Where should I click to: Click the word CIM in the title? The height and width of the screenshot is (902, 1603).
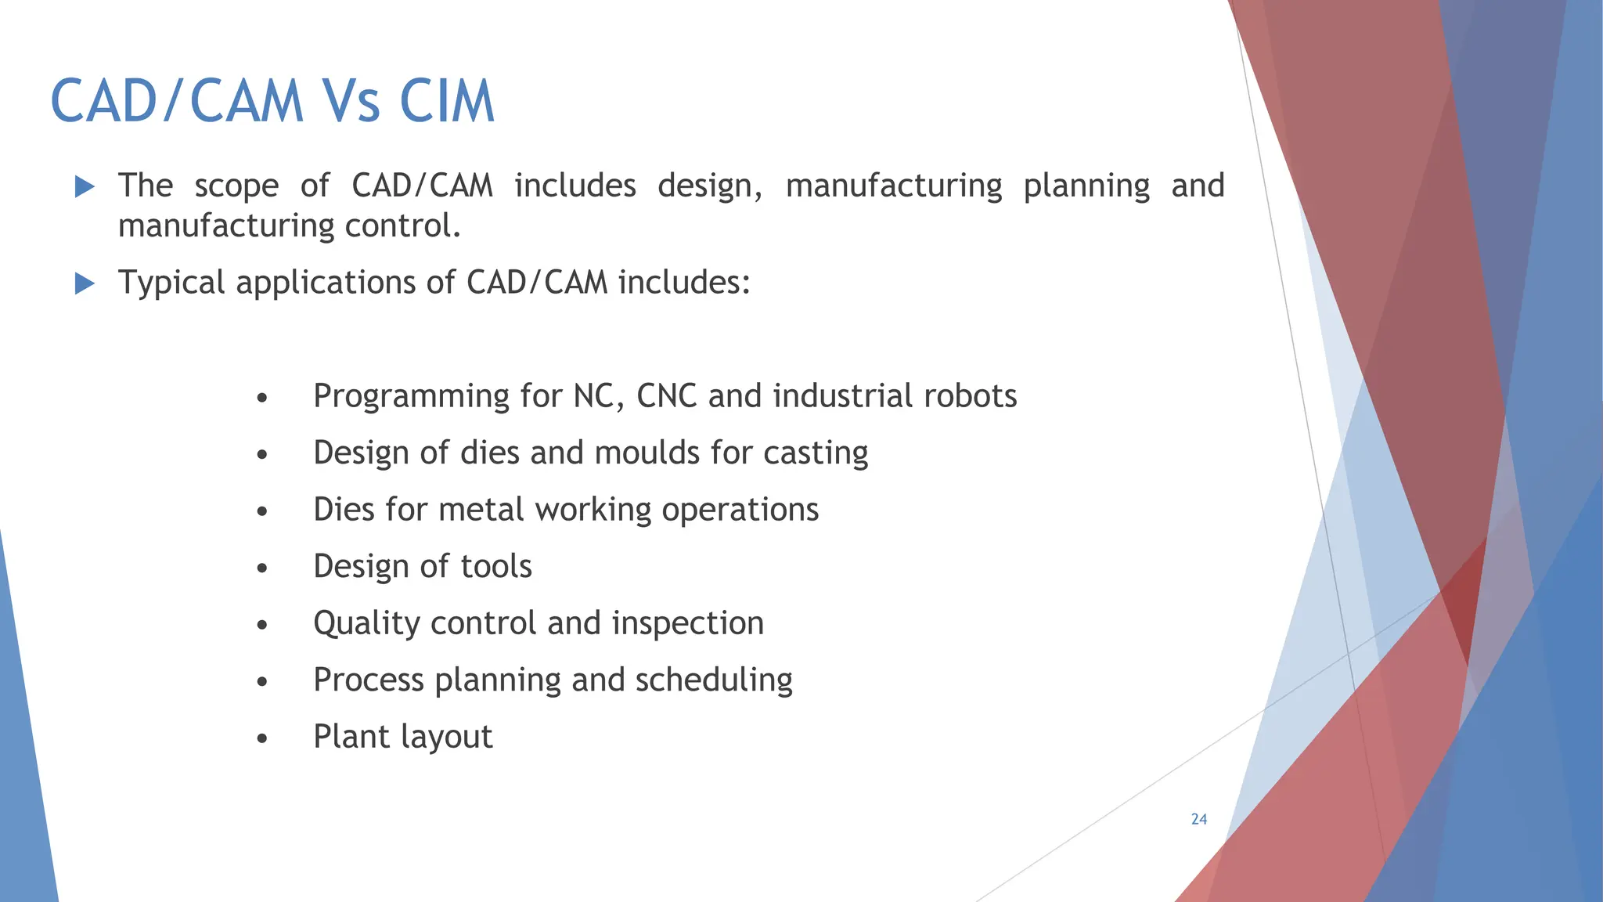[x=447, y=102]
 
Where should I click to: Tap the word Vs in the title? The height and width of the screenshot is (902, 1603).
[x=351, y=102]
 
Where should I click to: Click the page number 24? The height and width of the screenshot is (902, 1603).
[x=1199, y=819]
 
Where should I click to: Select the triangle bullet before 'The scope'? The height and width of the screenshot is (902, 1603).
[x=85, y=186]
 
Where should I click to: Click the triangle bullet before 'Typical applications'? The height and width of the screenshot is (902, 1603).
[x=85, y=283]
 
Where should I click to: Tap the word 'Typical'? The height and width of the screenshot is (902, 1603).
[x=171, y=283]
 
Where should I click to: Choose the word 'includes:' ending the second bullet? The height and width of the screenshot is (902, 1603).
[x=685, y=283]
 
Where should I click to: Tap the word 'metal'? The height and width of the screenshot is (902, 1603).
[x=481, y=510]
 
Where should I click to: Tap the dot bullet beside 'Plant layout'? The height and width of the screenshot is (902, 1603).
[x=262, y=738]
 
